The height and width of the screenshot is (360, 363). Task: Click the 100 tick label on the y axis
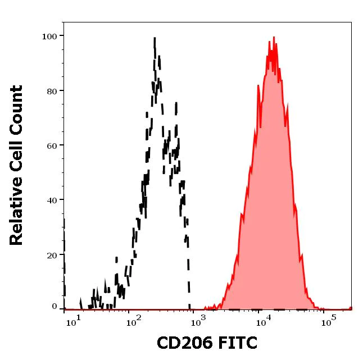point(50,37)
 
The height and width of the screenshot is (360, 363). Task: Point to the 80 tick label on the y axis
point(52,91)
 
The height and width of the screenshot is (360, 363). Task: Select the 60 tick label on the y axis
point(52,145)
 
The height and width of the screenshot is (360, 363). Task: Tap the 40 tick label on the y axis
point(52,200)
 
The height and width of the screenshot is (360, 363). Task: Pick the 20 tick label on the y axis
point(52,255)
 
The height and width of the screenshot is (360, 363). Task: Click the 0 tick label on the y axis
point(55,307)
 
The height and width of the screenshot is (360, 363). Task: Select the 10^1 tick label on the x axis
point(74,322)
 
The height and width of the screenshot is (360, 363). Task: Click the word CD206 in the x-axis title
point(183,343)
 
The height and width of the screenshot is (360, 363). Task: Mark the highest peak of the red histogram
point(274,38)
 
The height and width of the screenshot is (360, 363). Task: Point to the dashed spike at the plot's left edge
point(64,225)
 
